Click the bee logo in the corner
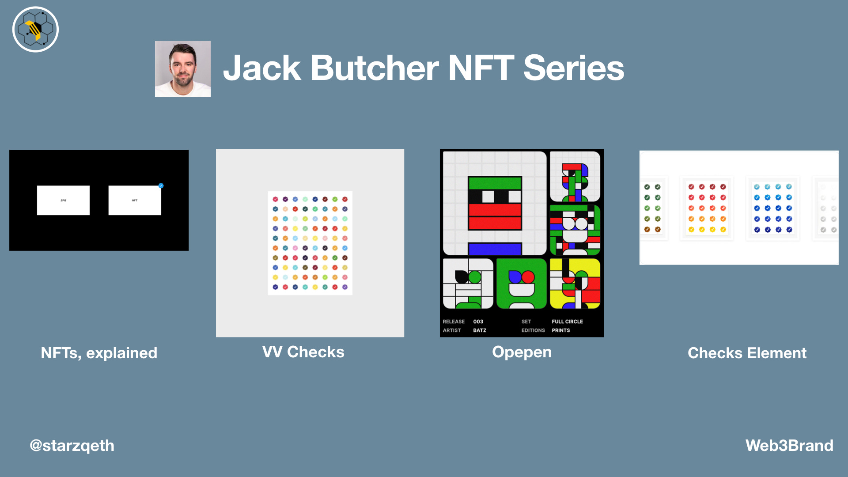click(35, 30)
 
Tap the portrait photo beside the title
click(183, 69)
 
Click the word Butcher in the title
click(375, 68)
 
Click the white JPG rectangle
click(63, 201)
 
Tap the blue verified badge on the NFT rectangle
click(161, 185)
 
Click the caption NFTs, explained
click(99, 353)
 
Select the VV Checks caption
click(303, 352)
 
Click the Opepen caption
click(522, 352)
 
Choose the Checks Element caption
click(747, 353)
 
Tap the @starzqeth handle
click(72, 445)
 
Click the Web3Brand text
click(789, 445)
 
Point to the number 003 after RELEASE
click(478, 322)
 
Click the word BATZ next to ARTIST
click(480, 330)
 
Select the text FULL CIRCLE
click(567, 322)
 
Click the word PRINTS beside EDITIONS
click(561, 330)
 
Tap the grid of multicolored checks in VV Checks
click(310, 243)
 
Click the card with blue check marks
click(772, 208)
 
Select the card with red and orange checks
click(707, 208)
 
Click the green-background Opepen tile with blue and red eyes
click(522, 284)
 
